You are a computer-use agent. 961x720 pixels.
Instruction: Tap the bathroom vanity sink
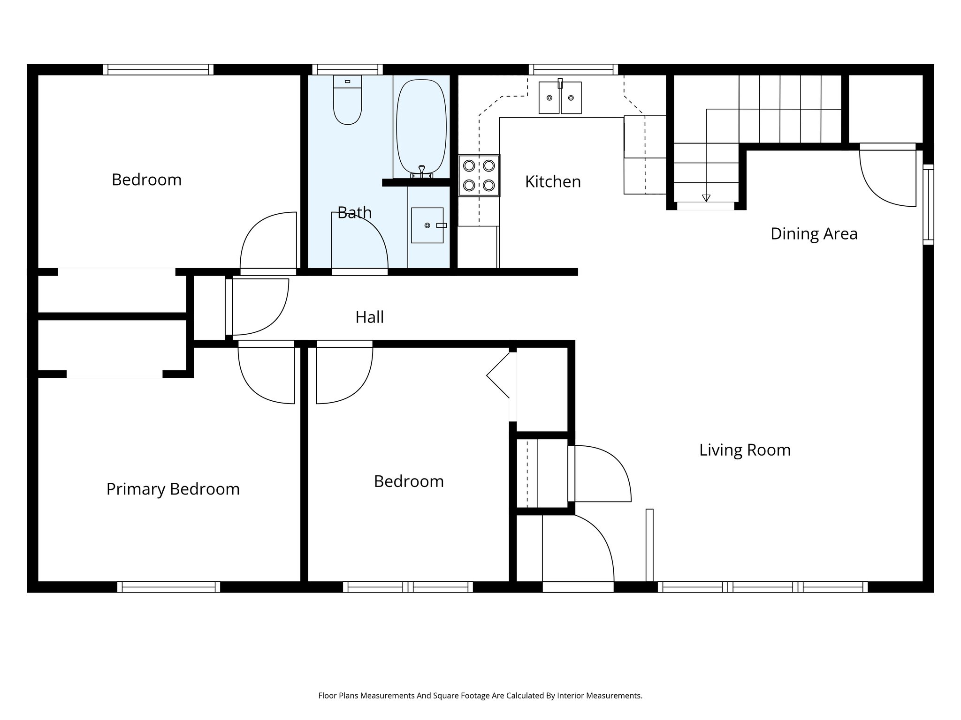[x=427, y=225]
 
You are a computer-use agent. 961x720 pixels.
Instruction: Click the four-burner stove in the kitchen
[x=479, y=175]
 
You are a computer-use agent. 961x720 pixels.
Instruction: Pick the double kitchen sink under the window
[x=560, y=97]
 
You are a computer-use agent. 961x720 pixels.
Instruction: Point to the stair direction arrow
[x=706, y=197]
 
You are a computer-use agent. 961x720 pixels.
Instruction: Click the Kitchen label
[x=553, y=182]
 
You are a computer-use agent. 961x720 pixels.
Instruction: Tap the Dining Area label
[x=814, y=234]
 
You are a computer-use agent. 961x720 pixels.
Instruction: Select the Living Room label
[x=745, y=450]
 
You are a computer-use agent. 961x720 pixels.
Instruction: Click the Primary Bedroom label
[x=173, y=489]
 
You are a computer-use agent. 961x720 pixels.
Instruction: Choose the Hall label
[x=369, y=317]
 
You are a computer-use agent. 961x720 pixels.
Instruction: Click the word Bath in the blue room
[x=354, y=213]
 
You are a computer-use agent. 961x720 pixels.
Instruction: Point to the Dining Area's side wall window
[x=928, y=204]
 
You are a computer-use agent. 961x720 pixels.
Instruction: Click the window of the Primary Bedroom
[x=168, y=587]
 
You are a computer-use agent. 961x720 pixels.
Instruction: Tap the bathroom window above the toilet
[x=347, y=70]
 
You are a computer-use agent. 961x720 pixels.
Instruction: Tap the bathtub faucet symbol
[x=421, y=171]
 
